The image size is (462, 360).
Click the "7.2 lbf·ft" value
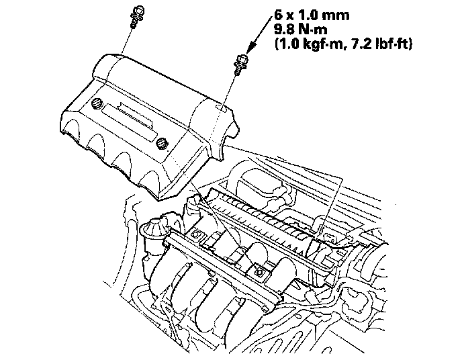[379, 44]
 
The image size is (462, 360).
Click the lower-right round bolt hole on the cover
[161, 142]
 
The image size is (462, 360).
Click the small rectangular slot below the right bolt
[221, 106]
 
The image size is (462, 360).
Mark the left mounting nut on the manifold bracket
[199, 235]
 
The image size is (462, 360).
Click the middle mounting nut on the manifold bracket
[258, 271]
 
